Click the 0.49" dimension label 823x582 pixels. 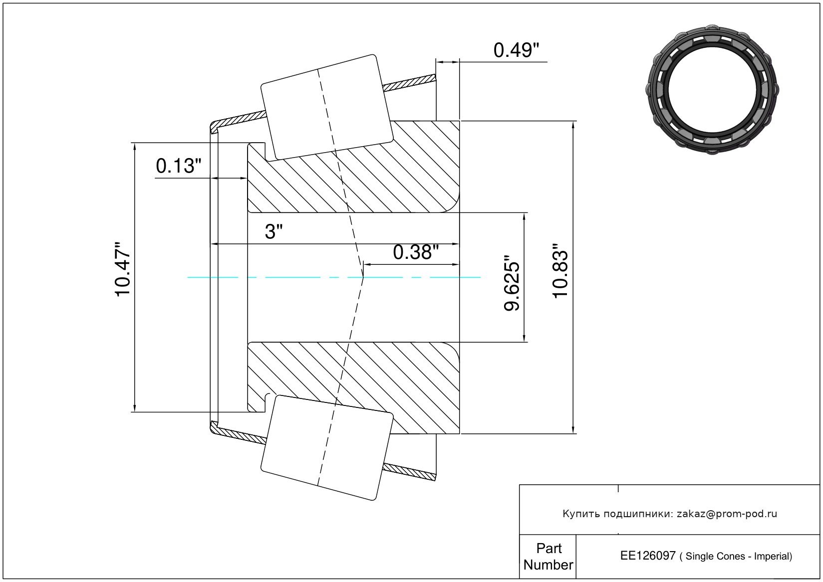click(x=516, y=50)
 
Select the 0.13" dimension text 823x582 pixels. click(x=179, y=166)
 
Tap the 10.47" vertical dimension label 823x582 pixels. click(x=123, y=269)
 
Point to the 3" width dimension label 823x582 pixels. click(x=274, y=232)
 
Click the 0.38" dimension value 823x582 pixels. click(x=416, y=253)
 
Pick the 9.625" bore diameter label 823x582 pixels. click(x=512, y=283)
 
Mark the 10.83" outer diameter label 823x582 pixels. click(x=560, y=271)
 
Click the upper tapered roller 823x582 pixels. click(x=327, y=107)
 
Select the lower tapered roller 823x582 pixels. click(x=327, y=448)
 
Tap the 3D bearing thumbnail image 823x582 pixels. click(x=712, y=90)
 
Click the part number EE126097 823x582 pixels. click(x=648, y=556)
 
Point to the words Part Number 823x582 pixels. click(x=548, y=557)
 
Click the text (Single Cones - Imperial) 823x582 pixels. click(x=736, y=556)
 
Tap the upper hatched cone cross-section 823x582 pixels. click(x=353, y=167)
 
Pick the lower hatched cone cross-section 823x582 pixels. click(x=353, y=388)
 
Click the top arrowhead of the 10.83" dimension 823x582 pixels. click(x=573, y=125)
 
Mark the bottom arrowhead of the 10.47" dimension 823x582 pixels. click(x=135, y=408)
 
